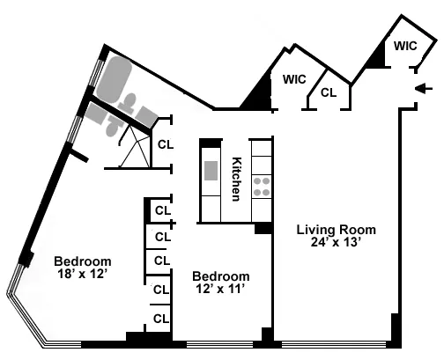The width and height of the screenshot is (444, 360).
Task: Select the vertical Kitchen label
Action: [x=236, y=180]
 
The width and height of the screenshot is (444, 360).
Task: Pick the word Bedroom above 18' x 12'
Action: [x=82, y=261]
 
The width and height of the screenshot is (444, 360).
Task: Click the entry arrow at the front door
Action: [x=424, y=87]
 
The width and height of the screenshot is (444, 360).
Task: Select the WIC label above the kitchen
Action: [x=293, y=79]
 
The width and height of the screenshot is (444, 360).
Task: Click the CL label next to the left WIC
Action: [x=328, y=92]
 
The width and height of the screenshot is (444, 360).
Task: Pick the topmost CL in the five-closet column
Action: [x=162, y=210]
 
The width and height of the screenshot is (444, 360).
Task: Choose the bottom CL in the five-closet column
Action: [x=162, y=318]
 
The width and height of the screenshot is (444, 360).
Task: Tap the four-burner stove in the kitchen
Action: [x=262, y=185]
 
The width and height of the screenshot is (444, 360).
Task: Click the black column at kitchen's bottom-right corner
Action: [x=263, y=228]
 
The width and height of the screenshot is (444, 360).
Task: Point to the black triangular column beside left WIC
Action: [x=259, y=93]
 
